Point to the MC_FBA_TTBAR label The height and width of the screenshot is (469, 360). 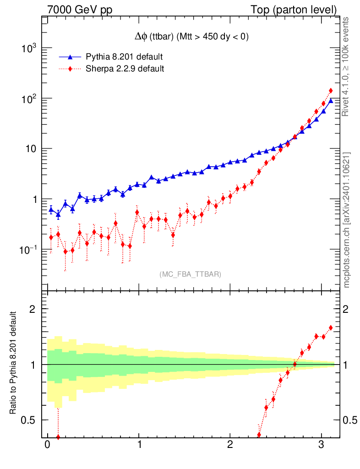191,274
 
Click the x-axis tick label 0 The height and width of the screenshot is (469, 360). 47,445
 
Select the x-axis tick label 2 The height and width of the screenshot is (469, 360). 230,445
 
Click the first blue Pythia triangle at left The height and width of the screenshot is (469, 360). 51,209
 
